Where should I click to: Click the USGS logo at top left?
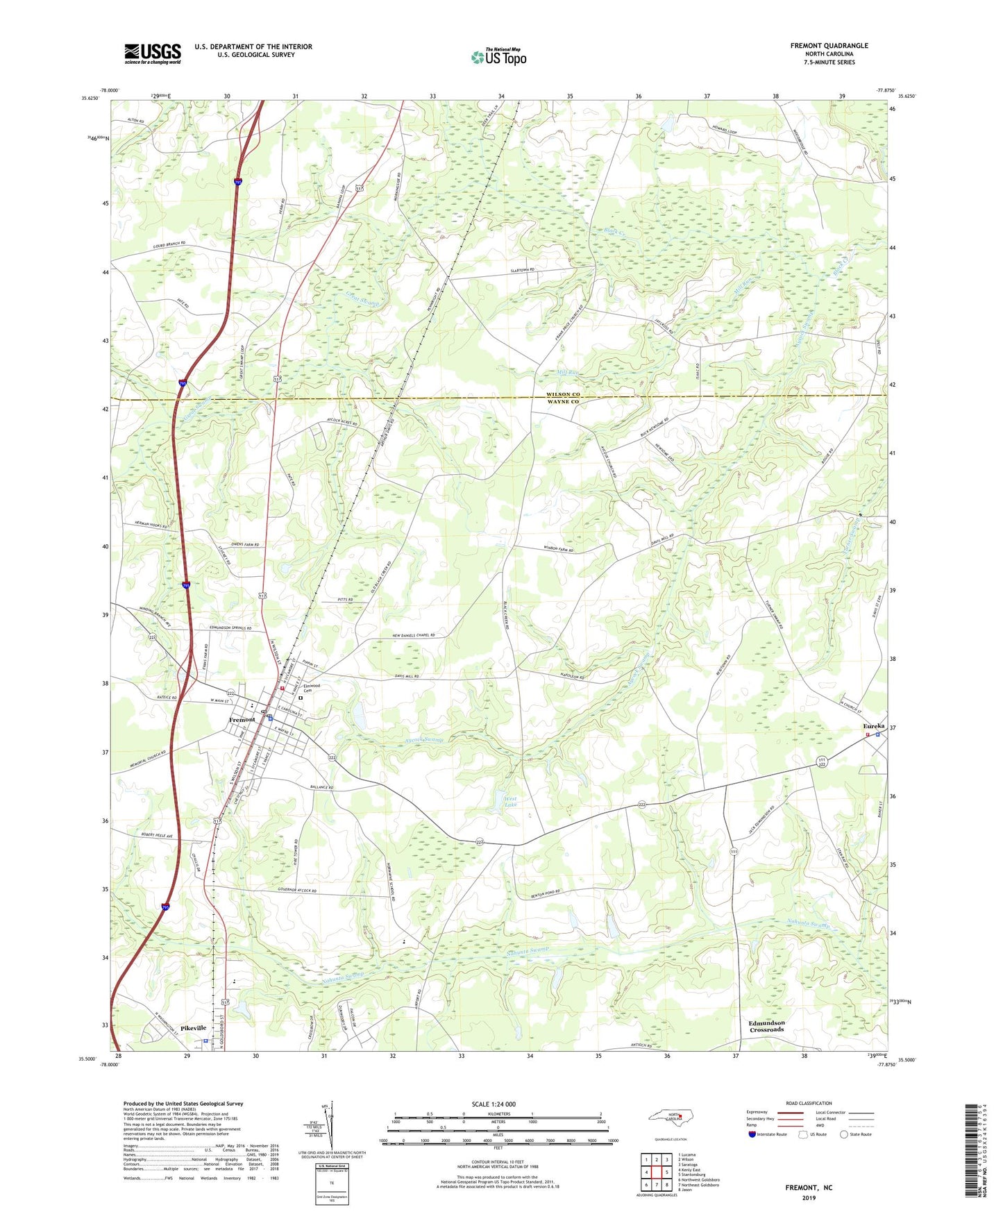153,53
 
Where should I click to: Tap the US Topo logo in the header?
498,57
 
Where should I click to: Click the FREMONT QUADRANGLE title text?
829,46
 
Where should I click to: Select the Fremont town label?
242,719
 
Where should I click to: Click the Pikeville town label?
194,1028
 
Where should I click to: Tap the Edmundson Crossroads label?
766,1026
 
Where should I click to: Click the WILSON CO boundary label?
562,394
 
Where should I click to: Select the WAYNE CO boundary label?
562,402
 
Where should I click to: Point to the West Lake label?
510,802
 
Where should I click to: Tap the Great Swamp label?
363,299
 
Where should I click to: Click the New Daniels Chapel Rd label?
413,635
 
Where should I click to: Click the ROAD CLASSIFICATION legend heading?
809,1103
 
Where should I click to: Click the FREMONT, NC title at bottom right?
809,1188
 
